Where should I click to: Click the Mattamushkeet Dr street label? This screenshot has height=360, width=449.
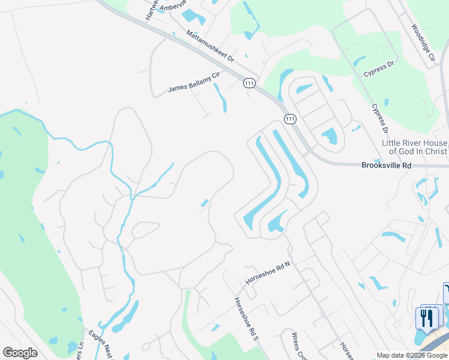pos(209,47)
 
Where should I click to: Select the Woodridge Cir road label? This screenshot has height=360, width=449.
pos(423,44)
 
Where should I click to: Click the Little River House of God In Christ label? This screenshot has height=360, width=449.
pos(414,147)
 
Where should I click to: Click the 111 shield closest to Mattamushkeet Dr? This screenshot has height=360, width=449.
pos(249,84)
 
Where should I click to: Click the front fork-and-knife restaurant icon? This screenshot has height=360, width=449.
pos(427,319)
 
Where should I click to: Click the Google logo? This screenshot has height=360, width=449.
pos(20,353)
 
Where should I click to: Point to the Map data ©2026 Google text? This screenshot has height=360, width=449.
pos(412,355)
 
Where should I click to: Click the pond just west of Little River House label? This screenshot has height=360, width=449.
pos(329,137)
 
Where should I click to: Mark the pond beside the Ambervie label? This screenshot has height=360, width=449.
pos(193,16)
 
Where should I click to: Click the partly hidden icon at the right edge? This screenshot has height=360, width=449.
pos(446,293)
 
